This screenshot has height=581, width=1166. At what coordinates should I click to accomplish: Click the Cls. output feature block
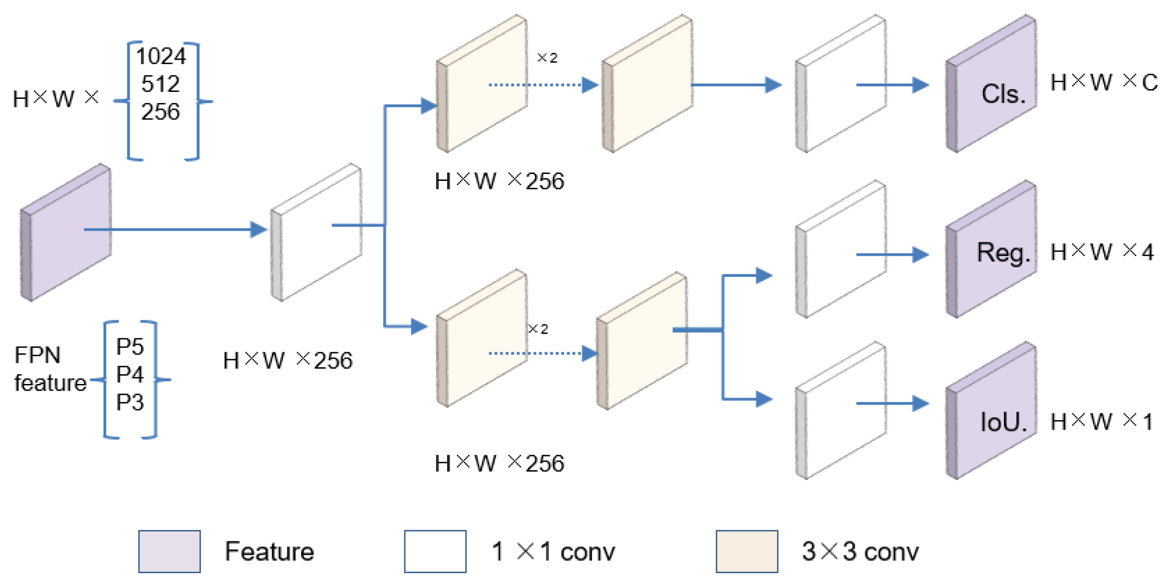993,85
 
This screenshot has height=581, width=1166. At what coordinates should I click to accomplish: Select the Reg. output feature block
993,252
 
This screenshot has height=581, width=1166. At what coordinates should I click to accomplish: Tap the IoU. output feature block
993,413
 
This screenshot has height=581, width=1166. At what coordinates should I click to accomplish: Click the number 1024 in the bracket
161,56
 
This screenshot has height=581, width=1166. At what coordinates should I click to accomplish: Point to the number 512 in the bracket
160,84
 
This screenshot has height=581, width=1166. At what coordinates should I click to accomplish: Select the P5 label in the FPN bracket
130,347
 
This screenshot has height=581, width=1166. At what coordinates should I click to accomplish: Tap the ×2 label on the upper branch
547,58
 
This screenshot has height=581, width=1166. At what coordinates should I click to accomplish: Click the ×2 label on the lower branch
538,329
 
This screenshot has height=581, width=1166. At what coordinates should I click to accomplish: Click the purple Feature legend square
169,551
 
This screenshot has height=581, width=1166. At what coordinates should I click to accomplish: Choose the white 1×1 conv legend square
435,551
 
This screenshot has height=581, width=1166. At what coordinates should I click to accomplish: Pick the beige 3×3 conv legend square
747,551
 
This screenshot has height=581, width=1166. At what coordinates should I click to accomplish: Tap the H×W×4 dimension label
1102,252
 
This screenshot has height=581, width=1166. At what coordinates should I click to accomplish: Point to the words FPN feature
49,369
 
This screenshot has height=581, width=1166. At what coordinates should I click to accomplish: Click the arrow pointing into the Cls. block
892,85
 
